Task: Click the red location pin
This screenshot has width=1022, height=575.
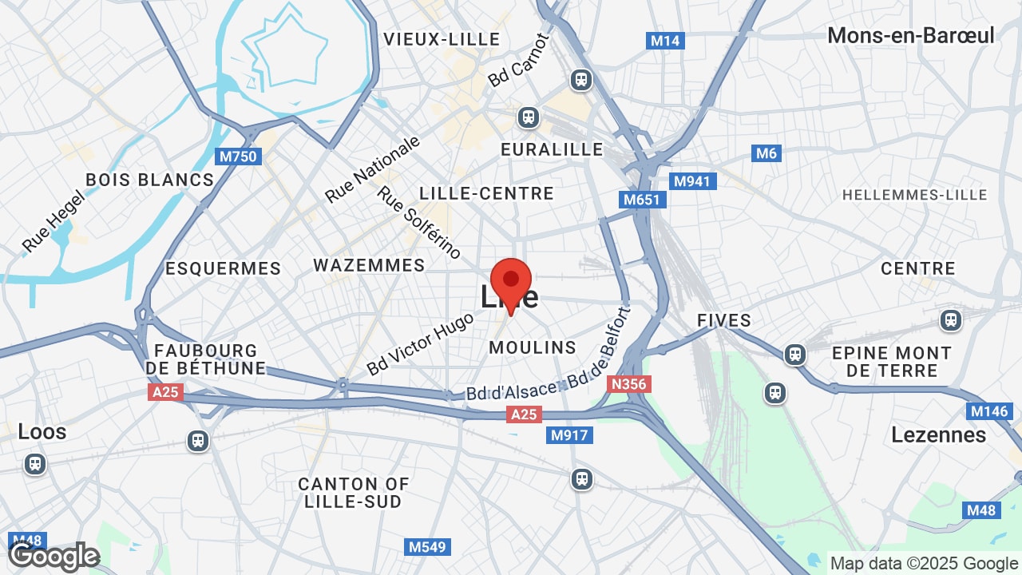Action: pos(511,282)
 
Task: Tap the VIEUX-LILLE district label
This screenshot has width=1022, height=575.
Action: pos(442,39)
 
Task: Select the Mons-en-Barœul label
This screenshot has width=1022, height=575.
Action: pos(911,35)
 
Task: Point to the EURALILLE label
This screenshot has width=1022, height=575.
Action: pos(552,149)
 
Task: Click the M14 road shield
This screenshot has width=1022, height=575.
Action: pos(665,41)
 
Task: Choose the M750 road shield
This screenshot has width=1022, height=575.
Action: pos(239,157)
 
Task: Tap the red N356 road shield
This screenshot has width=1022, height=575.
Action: pos(628,384)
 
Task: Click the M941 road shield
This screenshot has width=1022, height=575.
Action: pos(691,181)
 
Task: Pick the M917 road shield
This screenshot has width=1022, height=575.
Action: pos(569,435)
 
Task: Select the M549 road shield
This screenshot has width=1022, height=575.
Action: pos(427,547)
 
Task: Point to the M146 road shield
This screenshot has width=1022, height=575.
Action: pos(988,411)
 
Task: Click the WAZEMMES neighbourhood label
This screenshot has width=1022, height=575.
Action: pos(369,265)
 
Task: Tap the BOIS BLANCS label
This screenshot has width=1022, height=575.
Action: pos(150,180)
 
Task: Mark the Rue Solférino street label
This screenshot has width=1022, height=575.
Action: pos(419,223)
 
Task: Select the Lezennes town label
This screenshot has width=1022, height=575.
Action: pos(938,434)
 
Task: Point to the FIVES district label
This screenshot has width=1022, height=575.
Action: pos(724,320)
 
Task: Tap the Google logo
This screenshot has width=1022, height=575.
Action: pos(53,557)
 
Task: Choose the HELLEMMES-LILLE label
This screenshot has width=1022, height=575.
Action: pos(914,195)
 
